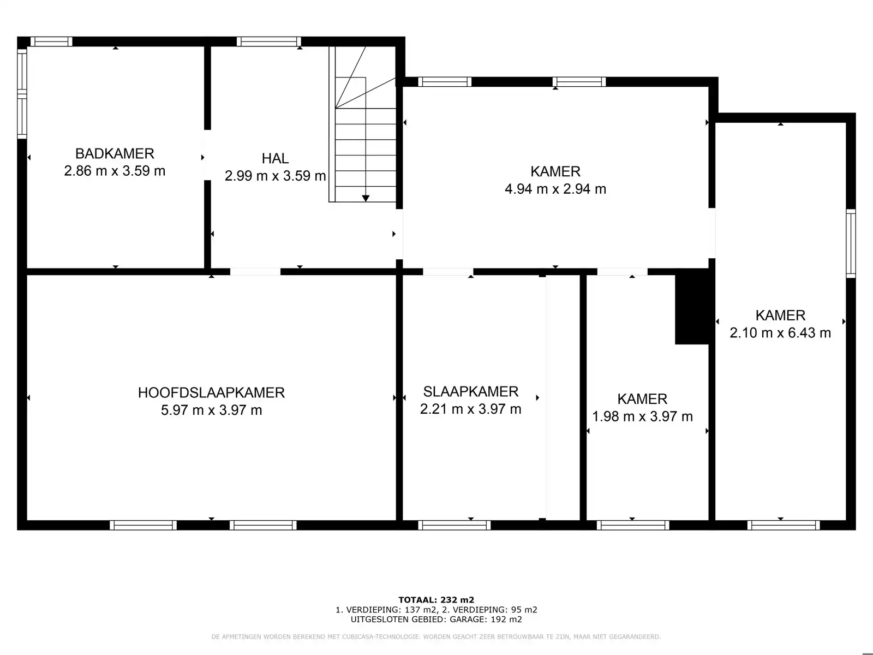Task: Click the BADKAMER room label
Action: click(x=115, y=153)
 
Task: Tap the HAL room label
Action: click(x=275, y=158)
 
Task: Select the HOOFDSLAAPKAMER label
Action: click(x=211, y=392)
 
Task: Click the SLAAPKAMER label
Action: click(x=470, y=391)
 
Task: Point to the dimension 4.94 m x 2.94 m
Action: click(x=555, y=189)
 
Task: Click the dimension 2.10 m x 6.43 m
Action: click(x=780, y=332)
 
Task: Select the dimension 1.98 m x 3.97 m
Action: click(x=642, y=416)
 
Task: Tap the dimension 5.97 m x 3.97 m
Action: click(x=211, y=410)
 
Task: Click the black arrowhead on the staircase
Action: click(x=366, y=198)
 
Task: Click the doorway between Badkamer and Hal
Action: click(x=207, y=155)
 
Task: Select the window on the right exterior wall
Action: click(x=851, y=243)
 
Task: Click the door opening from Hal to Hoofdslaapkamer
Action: click(x=255, y=271)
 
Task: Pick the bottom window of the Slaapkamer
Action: click(x=454, y=525)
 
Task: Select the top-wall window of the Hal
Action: click(x=268, y=41)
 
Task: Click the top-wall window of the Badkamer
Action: click(x=51, y=41)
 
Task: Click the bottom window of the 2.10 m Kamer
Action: click(x=783, y=525)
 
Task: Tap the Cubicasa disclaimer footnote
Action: click(x=436, y=637)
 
